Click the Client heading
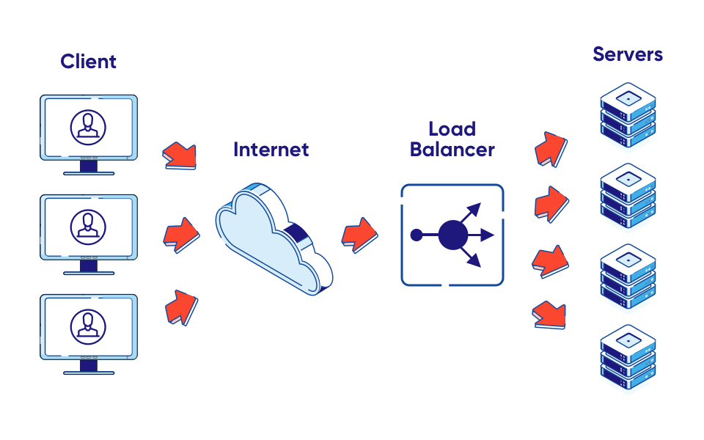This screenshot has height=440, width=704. (x=88, y=62)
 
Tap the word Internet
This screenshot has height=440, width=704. (x=271, y=150)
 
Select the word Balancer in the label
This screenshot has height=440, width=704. (x=452, y=150)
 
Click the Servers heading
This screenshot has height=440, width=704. (x=628, y=54)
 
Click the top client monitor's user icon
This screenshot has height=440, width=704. (x=88, y=126)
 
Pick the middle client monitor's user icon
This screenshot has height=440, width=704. (x=88, y=227)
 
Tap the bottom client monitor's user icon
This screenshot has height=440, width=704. (x=88, y=326)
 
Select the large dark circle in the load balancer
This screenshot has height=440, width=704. (x=452, y=235)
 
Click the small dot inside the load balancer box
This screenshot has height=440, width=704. (x=416, y=235)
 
